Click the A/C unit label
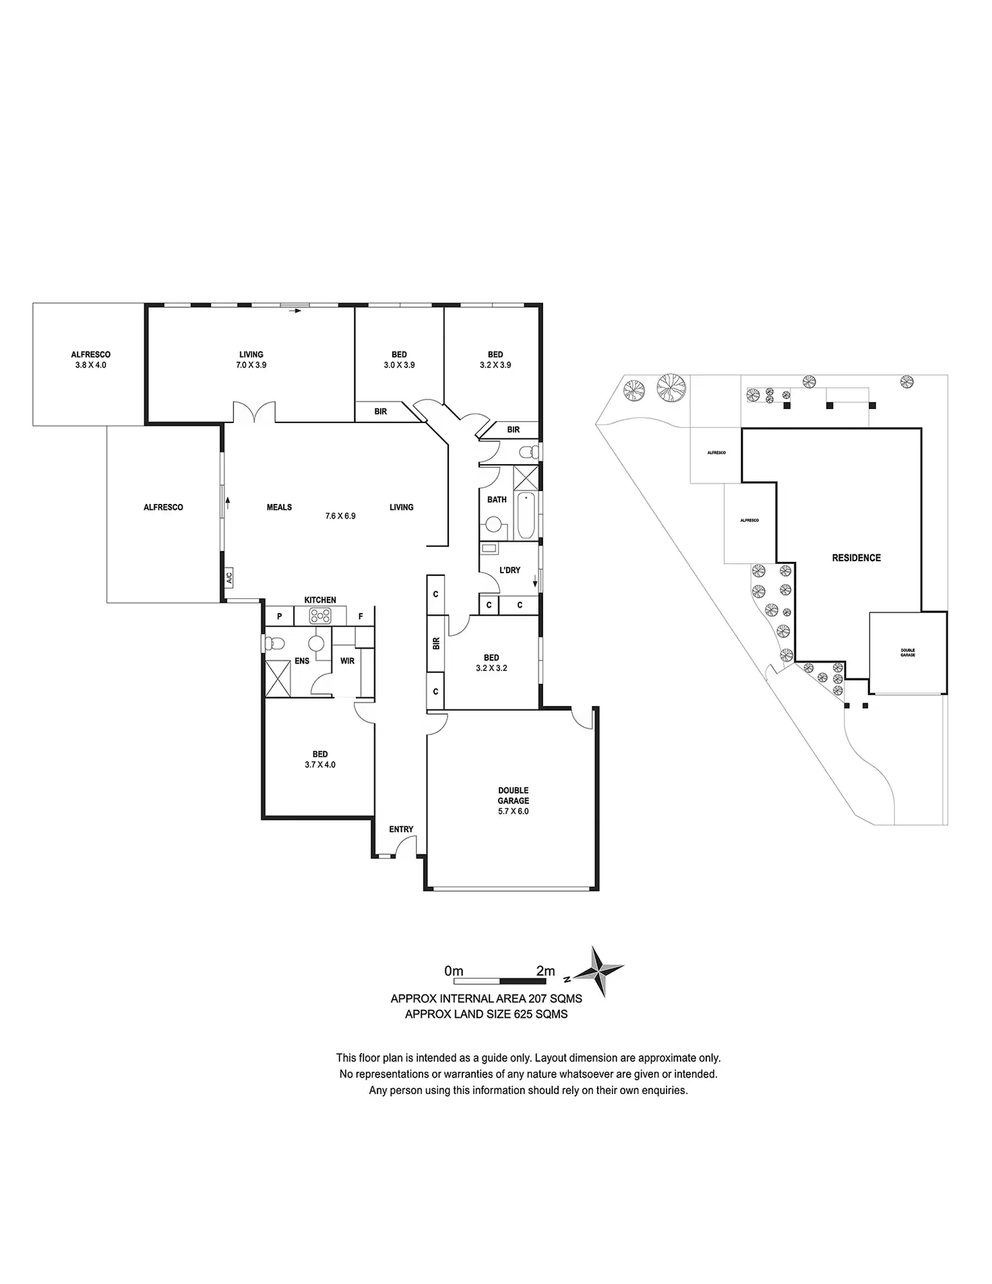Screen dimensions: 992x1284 click(x=228, y=577)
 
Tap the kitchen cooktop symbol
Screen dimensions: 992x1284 click(x=319, y=616)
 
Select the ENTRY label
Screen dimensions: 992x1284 click(x=401, y=829)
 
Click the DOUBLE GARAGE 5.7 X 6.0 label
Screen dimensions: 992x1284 click(x=514, y=801)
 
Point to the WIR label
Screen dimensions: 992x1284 click(x=347, y=661)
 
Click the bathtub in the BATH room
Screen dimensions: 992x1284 click(x=526, y=515)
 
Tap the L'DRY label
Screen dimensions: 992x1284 click(x=509, y=570)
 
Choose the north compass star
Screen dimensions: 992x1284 click(x=598, y=971)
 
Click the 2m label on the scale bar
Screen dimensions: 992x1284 click(x=545, y=971)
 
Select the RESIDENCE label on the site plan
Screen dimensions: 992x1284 click(x=856, y=558)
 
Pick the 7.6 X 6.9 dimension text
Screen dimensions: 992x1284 click(x=340, y=516)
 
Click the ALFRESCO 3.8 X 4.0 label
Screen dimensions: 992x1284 click(x=91, y=360)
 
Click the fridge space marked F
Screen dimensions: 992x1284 click(x=361, y=616)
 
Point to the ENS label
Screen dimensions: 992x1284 click(x=302, y=661)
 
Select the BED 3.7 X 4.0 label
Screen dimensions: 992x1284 click(x=320, y=759)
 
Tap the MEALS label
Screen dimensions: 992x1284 click(x=279, y=507)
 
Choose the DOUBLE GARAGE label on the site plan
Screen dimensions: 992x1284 click(x=908, y=652)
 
